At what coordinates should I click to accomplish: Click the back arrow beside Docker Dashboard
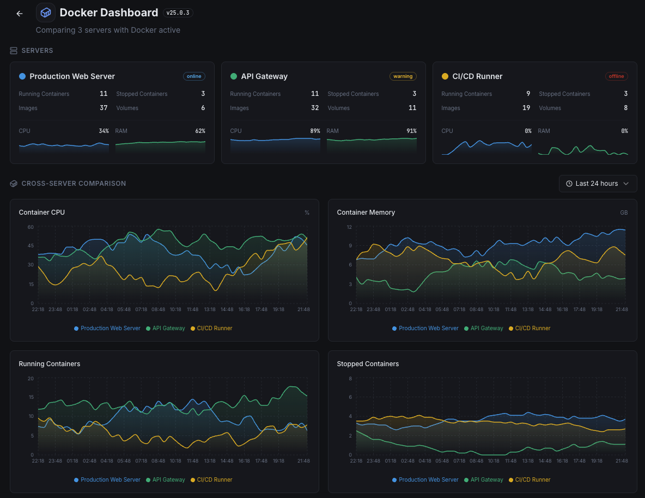(20, 14)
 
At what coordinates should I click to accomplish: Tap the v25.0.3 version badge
(178, 13)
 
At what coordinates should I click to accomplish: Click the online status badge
(194, 76)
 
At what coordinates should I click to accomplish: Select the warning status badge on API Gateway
(403, 76)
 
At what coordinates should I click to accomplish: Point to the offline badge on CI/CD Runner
(616, 76)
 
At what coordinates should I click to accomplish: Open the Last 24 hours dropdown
(598, 184)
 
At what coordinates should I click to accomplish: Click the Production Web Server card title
(72, 76)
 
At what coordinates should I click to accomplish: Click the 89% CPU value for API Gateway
(314, 131)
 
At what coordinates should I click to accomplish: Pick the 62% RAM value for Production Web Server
(200, 131)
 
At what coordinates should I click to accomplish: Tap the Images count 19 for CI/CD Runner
(526, 108)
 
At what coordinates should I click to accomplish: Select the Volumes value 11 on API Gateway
(412, 108)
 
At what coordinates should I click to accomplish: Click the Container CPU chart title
(41, 212)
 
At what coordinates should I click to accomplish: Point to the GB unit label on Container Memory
(624, 212)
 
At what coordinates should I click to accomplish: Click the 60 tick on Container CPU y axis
(31, 227)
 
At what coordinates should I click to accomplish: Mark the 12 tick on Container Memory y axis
(349, 227)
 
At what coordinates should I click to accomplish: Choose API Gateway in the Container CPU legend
(168, 329)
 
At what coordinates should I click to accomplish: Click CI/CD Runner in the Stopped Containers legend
(532, 480)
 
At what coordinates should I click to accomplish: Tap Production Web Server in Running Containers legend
(110, 480)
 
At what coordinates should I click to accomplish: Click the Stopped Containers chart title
(368, 364)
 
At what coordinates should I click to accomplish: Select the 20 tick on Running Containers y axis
(31, 378)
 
